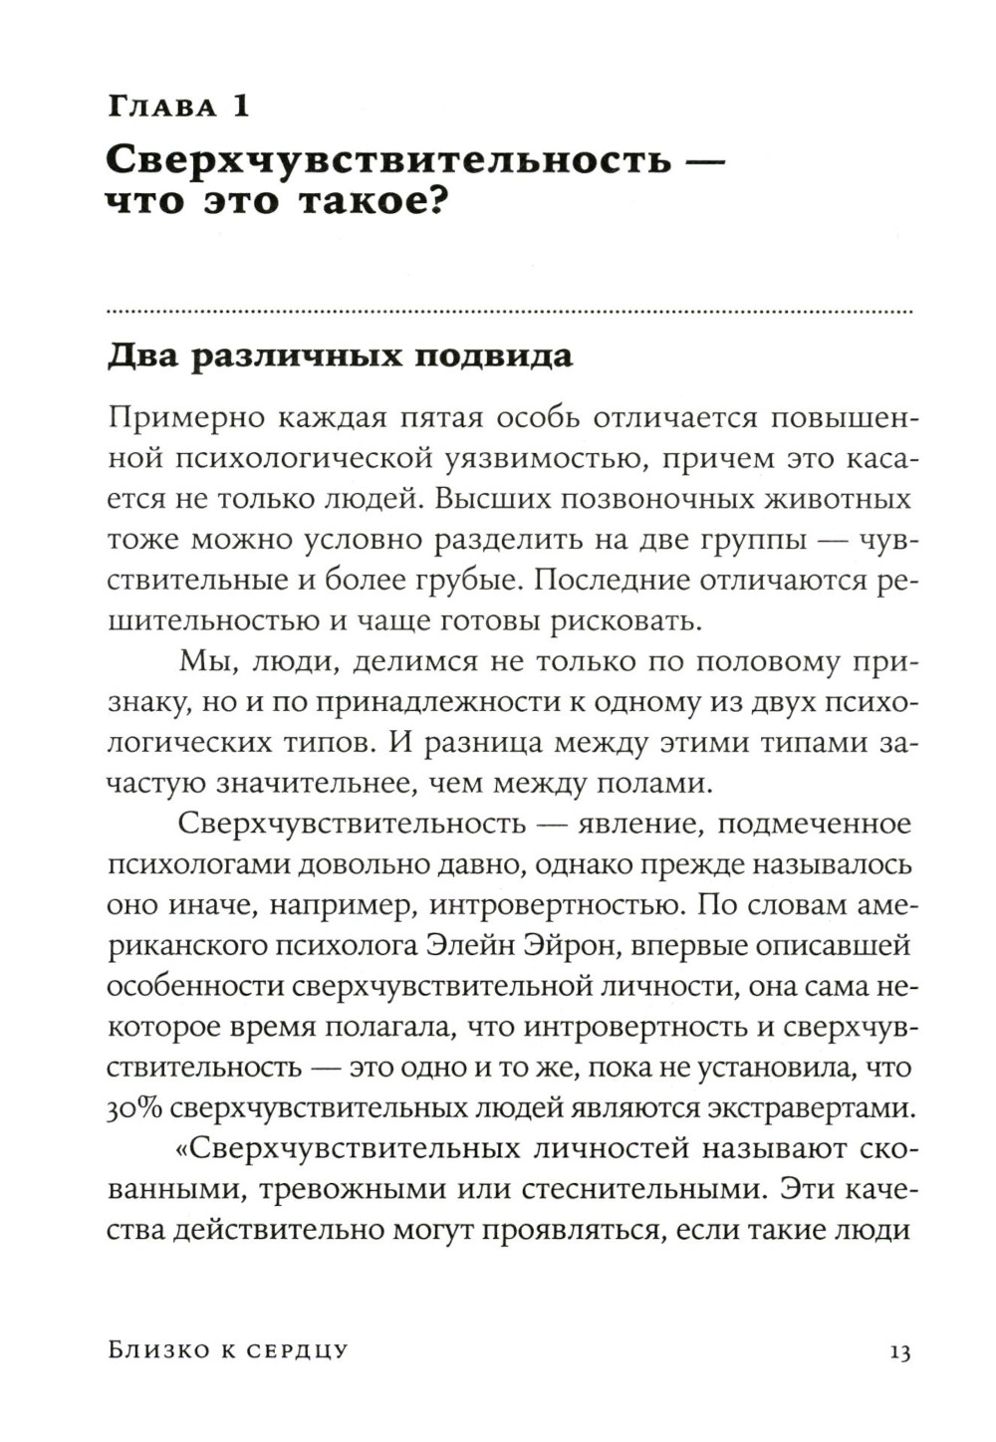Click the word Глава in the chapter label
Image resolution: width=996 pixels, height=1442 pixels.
coord(161,107)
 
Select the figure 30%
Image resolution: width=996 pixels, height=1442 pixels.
coord(136,1108)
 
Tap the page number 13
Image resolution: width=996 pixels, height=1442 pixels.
coord(898,1351)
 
